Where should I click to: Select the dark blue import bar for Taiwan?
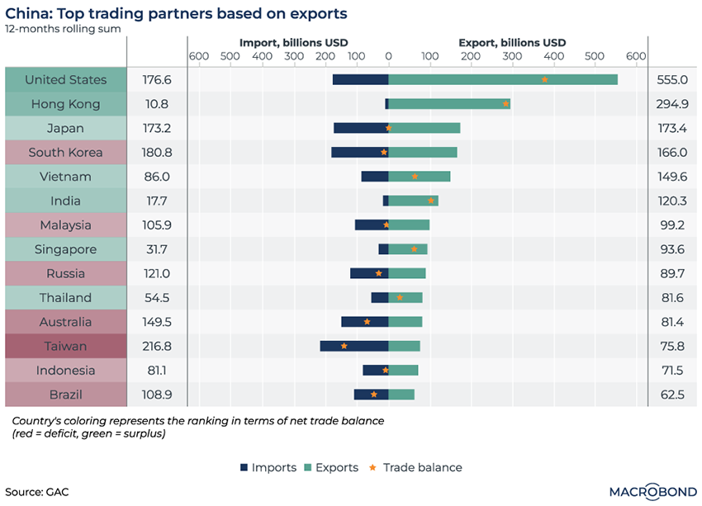[353, 346]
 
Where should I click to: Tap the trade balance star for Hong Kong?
[505, 104]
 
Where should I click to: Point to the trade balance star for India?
[430, 201]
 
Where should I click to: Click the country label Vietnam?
[66, 177]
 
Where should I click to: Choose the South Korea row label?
[66, 152]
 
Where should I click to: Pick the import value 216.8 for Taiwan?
[157, 346]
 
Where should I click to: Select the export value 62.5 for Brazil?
[673, 395]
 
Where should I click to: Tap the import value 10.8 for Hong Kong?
[157, 104]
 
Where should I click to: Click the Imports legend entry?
[268, 467]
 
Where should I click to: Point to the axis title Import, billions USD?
[293, 42]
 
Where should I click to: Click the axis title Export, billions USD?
[512, 42]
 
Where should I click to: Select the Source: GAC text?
[37, 492]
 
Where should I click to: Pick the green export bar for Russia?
[407, 273]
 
